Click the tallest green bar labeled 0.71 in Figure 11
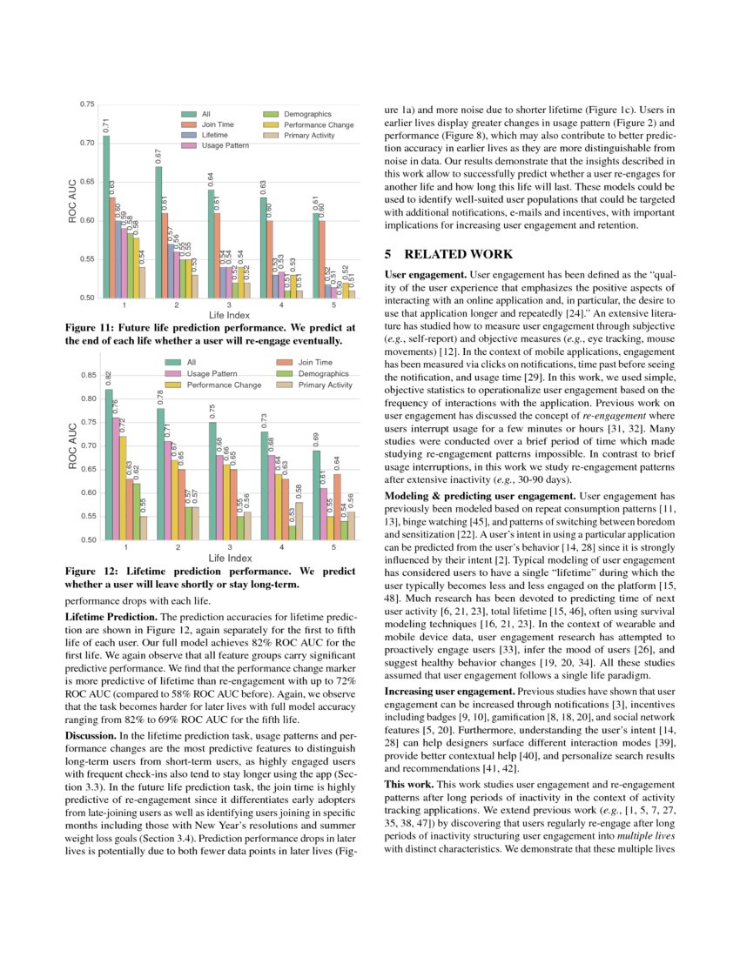tap(107, 217)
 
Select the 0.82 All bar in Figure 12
tap(108, 465)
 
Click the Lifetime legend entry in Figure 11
tap(214, 136)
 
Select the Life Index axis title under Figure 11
tap(228, 314)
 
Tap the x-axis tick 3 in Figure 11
tap(228, 305)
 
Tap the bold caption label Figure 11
tap(94, 328)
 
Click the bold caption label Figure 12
tap(94, 572)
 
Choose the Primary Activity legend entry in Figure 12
tap(325, 385)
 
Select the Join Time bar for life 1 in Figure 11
tap(112, 248)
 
